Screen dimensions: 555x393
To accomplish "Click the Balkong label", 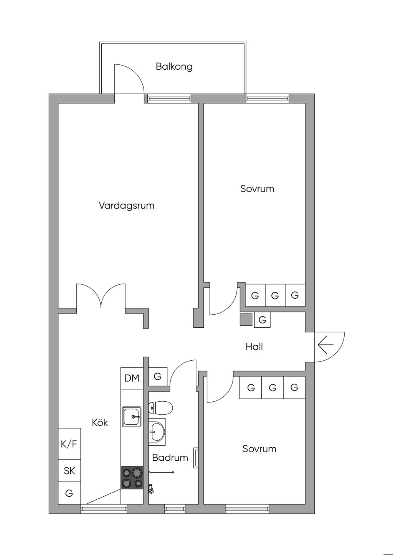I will coord(174,67).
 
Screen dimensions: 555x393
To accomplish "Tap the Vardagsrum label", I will coord(126,205).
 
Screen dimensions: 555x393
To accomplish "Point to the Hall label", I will coord(254,347).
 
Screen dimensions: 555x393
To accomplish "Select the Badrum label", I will coord(170,458).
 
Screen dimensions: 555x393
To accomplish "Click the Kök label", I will coord(100,423).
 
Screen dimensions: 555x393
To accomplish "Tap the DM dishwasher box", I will coord(132,378).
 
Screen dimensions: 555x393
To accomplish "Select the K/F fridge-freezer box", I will coord(69,444).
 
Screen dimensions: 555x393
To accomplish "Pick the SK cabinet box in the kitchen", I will coord(69,471).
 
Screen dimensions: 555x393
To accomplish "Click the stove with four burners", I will coord(132,478).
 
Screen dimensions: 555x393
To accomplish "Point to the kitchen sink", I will coord(132,417).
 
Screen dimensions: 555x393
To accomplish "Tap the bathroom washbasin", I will coord(157,432).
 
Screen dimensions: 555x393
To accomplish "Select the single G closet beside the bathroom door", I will coord(157,377).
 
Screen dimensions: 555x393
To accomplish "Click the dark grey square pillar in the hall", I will coord(246,320).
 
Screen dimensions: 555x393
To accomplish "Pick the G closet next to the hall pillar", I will coord(263,320).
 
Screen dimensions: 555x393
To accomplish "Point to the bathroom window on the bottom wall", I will coord(175,509).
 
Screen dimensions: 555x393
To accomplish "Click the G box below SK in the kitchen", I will coord(69,493).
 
